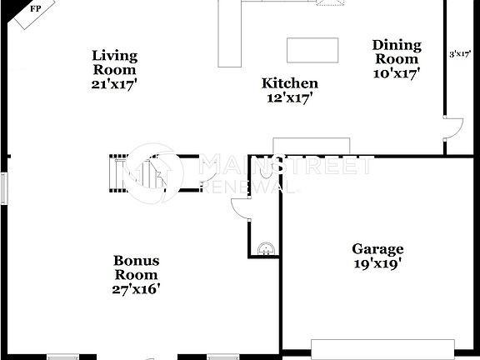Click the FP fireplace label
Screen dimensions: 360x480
click(35, 9)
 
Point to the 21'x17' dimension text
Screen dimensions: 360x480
click(114, 84)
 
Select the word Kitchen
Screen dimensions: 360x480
click(289, 83)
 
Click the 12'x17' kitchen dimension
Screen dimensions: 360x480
click(289, 97)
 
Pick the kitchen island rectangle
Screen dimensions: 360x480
click(313, 50)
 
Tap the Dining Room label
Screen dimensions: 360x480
click(397, 52)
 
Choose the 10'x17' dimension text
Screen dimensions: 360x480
click(397, 72)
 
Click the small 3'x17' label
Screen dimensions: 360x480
click(461, 54)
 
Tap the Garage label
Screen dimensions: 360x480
click(377, 249)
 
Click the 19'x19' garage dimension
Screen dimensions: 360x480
click(377, 263)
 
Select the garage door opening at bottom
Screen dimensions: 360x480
click(382, 349)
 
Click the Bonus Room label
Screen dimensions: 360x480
click(136, 267)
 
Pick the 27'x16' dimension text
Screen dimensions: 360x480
click(136, 289)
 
